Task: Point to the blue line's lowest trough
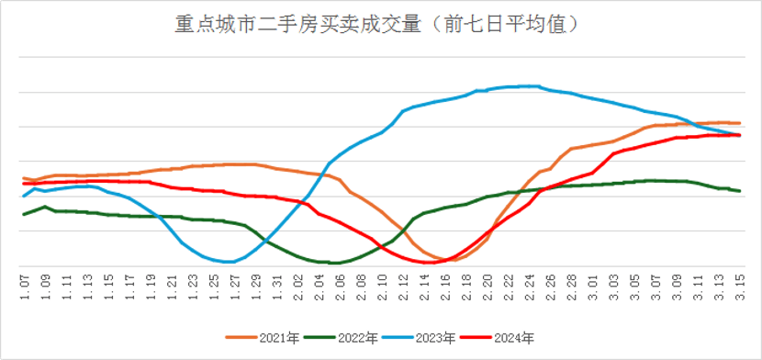[x=230, y=262]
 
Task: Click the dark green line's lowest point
[x=334, y=263]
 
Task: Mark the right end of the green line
[x=740, y=191]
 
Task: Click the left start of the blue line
[x=23, y=196]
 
